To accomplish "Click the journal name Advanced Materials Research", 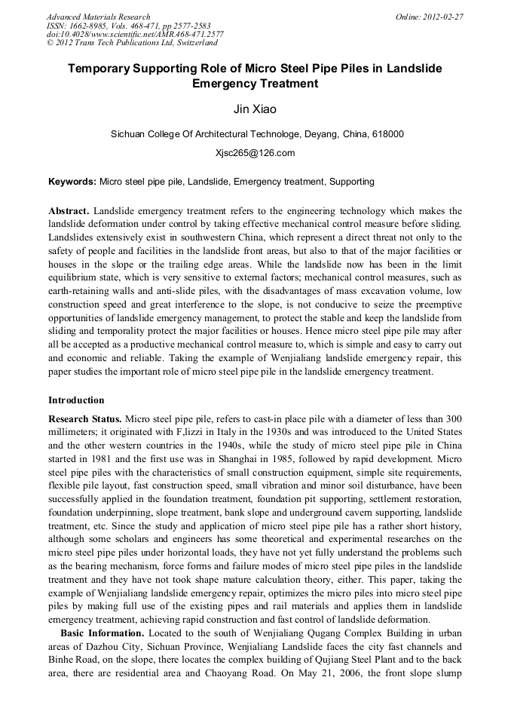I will coord(98,17).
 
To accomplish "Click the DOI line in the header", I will coord(135,34).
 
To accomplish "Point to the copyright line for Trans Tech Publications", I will coord(132,43).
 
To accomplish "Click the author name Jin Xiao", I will coord(255,109).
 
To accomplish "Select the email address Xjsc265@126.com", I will coord(255,153).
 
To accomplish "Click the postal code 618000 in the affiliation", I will coord(387,135).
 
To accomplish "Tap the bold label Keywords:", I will coord(72,182).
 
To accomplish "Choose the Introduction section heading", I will coord(76,400).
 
